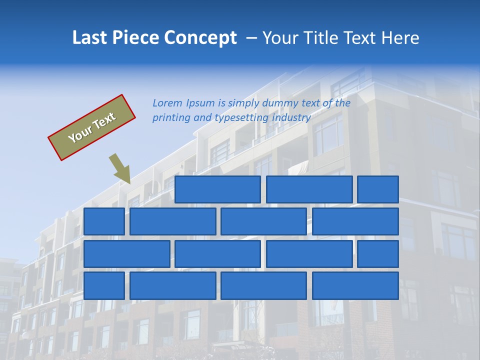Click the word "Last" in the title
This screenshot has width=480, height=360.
point(90,38)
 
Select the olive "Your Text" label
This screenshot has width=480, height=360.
point(92,127)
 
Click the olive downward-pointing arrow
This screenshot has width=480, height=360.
point(120,169)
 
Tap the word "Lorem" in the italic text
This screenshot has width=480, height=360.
point(167,103)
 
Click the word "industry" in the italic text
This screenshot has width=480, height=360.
point(291,118)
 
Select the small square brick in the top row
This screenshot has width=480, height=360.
point(378,189)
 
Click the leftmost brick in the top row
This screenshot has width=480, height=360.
point(217,189)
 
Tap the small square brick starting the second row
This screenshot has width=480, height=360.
point(104,221)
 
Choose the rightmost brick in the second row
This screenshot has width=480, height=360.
point(355,221)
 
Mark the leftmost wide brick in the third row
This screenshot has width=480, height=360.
point(127,254)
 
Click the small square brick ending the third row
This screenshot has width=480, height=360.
point(378,254)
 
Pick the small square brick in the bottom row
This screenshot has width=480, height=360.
point(104,286)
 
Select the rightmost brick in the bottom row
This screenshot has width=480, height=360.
point(355,286)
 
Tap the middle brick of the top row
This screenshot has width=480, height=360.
point(309,189)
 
